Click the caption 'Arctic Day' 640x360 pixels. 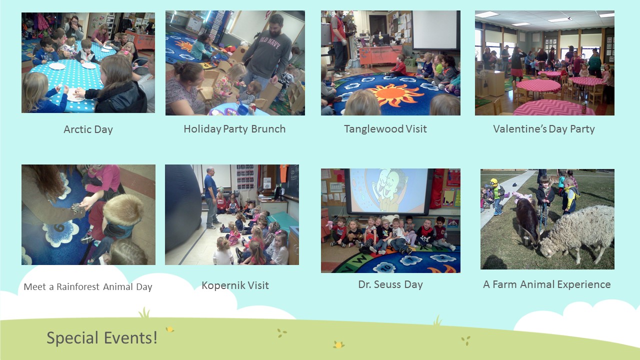[88, 129]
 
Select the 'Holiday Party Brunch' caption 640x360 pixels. [234, 129]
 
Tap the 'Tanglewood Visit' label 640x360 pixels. [385, 129]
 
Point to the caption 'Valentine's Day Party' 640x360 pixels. [544, 129]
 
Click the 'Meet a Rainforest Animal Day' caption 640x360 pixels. [88, 286]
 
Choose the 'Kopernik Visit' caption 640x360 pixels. [235, 285]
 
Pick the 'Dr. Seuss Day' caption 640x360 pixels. [390, 284]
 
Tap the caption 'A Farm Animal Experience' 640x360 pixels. [547, 284]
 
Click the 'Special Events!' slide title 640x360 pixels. [101, 337]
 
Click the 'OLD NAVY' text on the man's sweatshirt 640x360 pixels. [270, 42]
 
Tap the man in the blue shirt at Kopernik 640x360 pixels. [211, 197]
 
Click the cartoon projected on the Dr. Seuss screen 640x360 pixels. [389, 190]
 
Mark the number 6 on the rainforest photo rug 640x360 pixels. [59, 227]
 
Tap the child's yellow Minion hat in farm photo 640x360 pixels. [494, 182]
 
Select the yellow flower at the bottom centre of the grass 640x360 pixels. [338, 345]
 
